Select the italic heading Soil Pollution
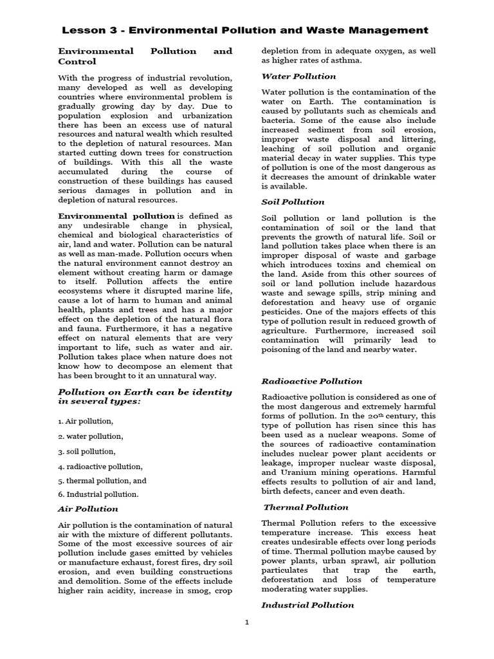(288, 202)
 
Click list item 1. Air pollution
(86, 421)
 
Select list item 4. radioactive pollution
(100, 466)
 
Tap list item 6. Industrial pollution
(98, 495)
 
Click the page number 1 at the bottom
(247, 640)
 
